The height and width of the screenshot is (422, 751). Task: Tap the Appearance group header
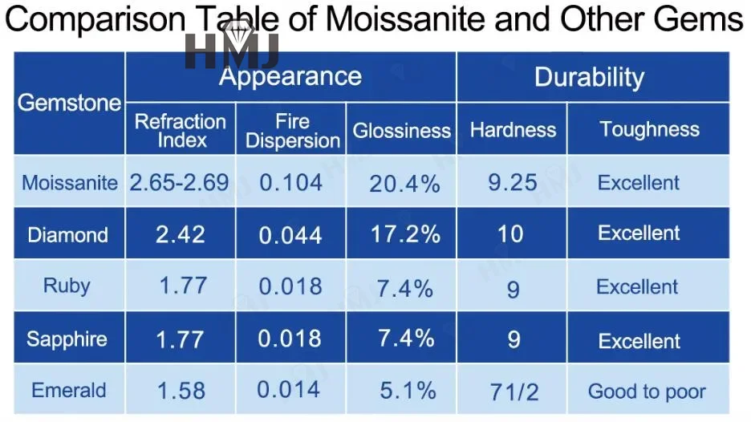point(290,77)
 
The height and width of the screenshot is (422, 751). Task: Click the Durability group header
point(589,77)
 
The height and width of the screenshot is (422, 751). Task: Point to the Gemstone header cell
point(69,103)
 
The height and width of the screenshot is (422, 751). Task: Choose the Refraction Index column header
point(181,130)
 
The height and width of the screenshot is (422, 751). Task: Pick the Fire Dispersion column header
point(293,130)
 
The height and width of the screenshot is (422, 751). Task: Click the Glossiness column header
point(402,130)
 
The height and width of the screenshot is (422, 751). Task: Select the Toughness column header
point(649,129)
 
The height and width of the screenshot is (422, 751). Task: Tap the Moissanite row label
point(70,182)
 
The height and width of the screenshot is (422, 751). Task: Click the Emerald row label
point(68,391)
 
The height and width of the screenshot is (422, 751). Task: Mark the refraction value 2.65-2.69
point(180,182)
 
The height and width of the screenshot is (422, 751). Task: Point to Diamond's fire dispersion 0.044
point(290,235)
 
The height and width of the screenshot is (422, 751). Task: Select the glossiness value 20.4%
point(404,184)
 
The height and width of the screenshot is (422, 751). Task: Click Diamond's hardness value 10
point(510,234)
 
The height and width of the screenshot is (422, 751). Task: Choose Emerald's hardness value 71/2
point(514,392)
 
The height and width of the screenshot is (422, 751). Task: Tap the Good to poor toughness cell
point(647,392)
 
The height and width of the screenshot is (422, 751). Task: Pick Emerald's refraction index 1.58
point(181,392)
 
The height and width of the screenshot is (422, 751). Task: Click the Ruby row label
point(67,286)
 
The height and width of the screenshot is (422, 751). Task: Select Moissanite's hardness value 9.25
point(513,182)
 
